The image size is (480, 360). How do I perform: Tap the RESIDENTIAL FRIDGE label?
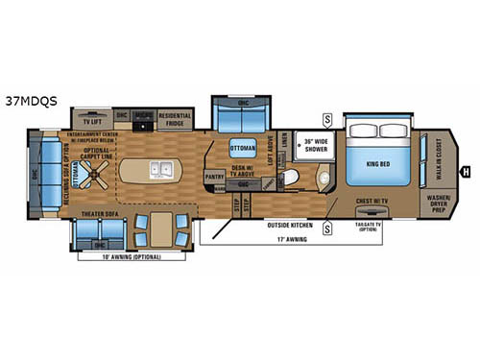pos(177,122)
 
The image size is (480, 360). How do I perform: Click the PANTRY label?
pos(215,175)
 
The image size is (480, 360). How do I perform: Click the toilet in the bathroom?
pos(292,179)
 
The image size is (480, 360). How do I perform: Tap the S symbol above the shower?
pos(327,119)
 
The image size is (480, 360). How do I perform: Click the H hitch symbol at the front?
pos(465,174)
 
